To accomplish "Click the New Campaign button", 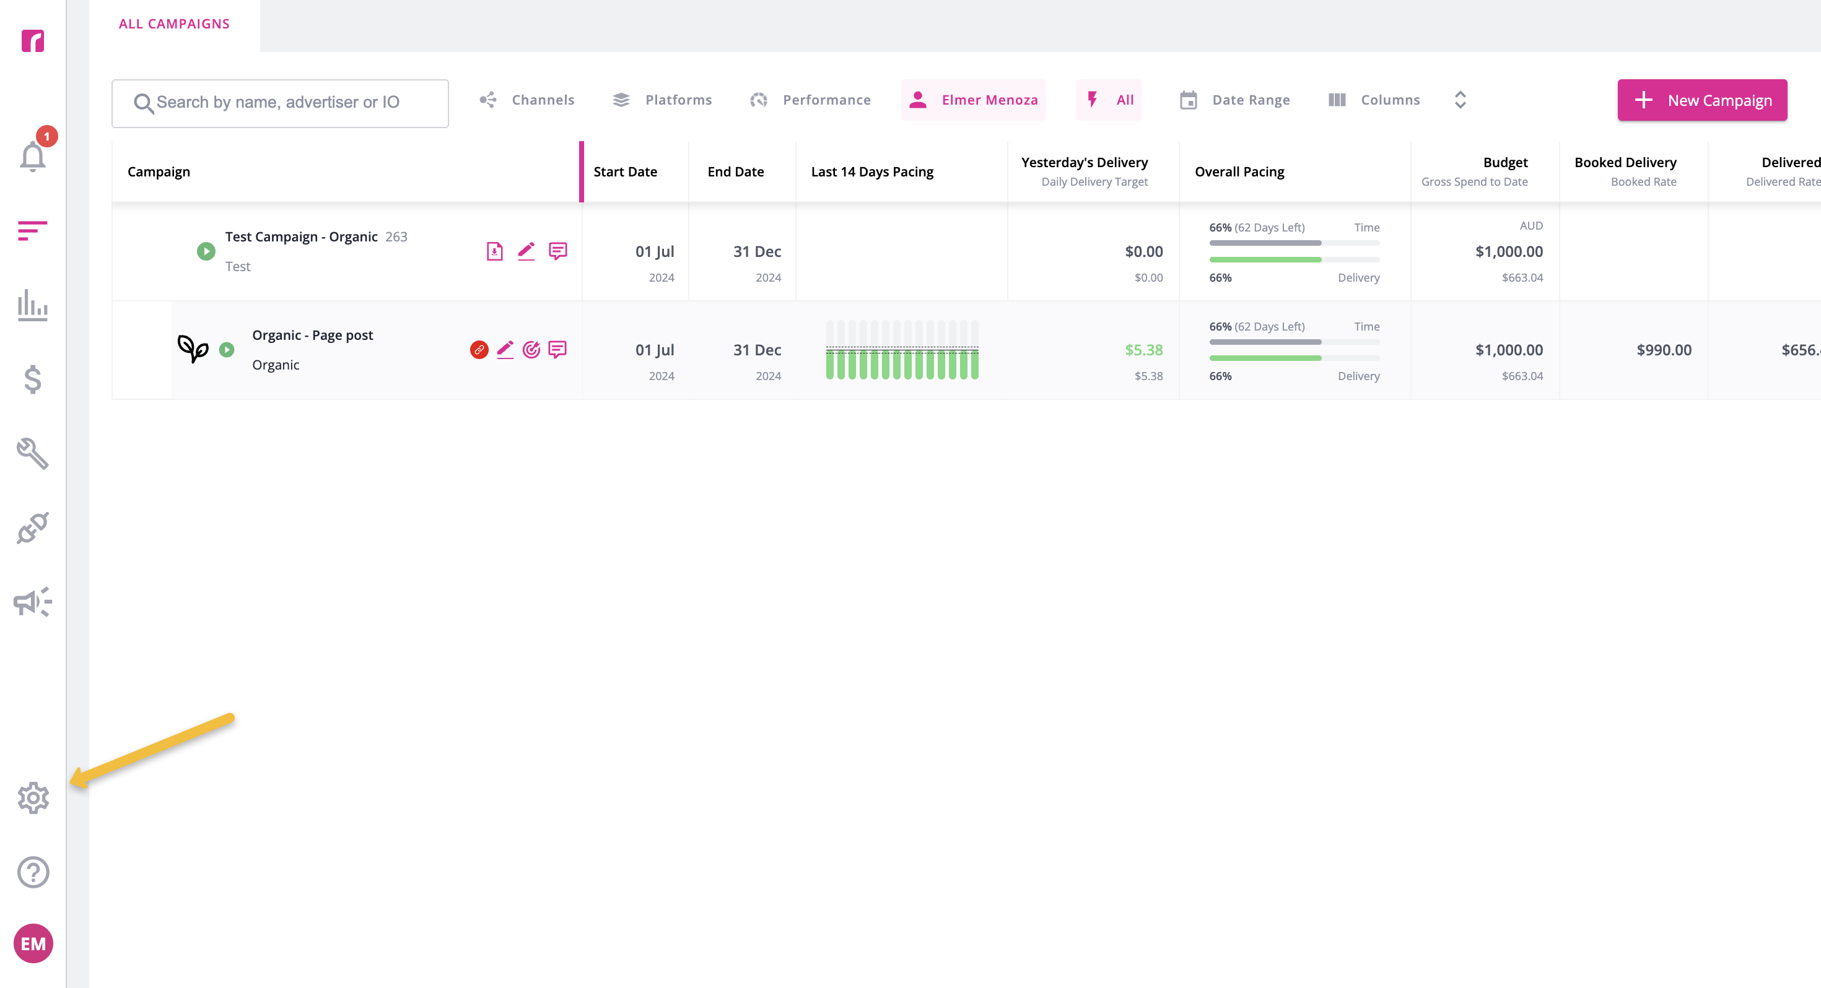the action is [1701, 100].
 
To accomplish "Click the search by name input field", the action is [280, 103].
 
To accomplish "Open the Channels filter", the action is [526, 100].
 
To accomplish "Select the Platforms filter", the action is [662, 100].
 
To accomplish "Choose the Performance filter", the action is [810, 100].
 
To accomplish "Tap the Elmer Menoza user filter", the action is [974, 100].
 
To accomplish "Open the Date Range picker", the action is [1234, 100].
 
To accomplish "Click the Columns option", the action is [1374, 100].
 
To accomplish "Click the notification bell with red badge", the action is [34, 151].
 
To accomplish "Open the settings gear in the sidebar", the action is [33, 798].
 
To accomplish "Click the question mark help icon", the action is [33, 872].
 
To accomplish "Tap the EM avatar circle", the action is [33, 943].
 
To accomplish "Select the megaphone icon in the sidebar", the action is [32, 602].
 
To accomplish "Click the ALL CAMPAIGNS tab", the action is [174, 24].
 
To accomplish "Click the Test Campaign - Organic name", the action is [301, 236].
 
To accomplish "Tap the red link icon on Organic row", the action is [479, 350].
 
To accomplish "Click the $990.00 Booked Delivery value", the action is [1664, 350].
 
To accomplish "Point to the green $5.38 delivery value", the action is [1144, 350].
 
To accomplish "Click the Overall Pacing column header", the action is [1239, 171].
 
